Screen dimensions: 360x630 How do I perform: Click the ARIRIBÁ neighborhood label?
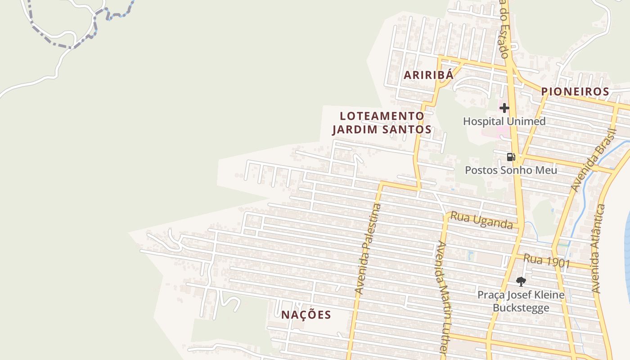pos(428,75)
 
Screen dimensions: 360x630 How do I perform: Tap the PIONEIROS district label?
pos(575,91)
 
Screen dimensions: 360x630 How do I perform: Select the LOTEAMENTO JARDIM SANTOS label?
pos(382,123)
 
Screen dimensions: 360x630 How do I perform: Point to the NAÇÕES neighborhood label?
pos(306,315)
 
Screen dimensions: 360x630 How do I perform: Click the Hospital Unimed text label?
pos(504,121)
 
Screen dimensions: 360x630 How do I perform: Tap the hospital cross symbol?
pos(504,108)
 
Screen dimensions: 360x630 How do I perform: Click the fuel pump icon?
pos(511,157)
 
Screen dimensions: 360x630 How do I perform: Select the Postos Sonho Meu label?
pos(511,170)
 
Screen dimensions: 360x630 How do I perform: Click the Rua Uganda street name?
pos(481,220)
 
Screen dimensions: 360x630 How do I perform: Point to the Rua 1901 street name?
pos(546,261)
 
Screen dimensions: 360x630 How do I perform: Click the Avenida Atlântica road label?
pos(599,248)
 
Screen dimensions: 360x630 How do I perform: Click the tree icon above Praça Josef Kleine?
pos(521,282)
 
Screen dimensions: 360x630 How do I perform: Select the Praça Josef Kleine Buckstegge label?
pos(521,301)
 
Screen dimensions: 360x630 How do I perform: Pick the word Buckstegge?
pos(521,308)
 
